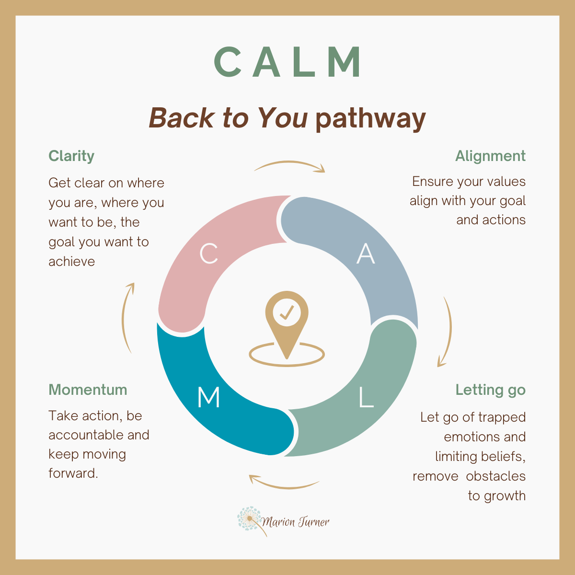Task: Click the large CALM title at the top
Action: point(287,62)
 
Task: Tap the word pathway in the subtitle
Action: point(370,118)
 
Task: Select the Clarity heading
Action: point(71,156)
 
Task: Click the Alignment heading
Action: point(490,156)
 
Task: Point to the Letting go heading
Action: point(490,390)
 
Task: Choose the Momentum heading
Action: point(88,390)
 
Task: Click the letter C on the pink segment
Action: point(209,254)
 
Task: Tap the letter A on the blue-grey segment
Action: point(366,254)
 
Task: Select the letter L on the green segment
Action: point(366,398)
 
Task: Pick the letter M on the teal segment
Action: point(209,398)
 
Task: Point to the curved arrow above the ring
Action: point(289,165)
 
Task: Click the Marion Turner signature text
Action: point(296,522)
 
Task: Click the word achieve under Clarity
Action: point(72,262)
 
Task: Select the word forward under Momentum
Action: point(73,473)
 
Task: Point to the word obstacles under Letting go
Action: point(495,476)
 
